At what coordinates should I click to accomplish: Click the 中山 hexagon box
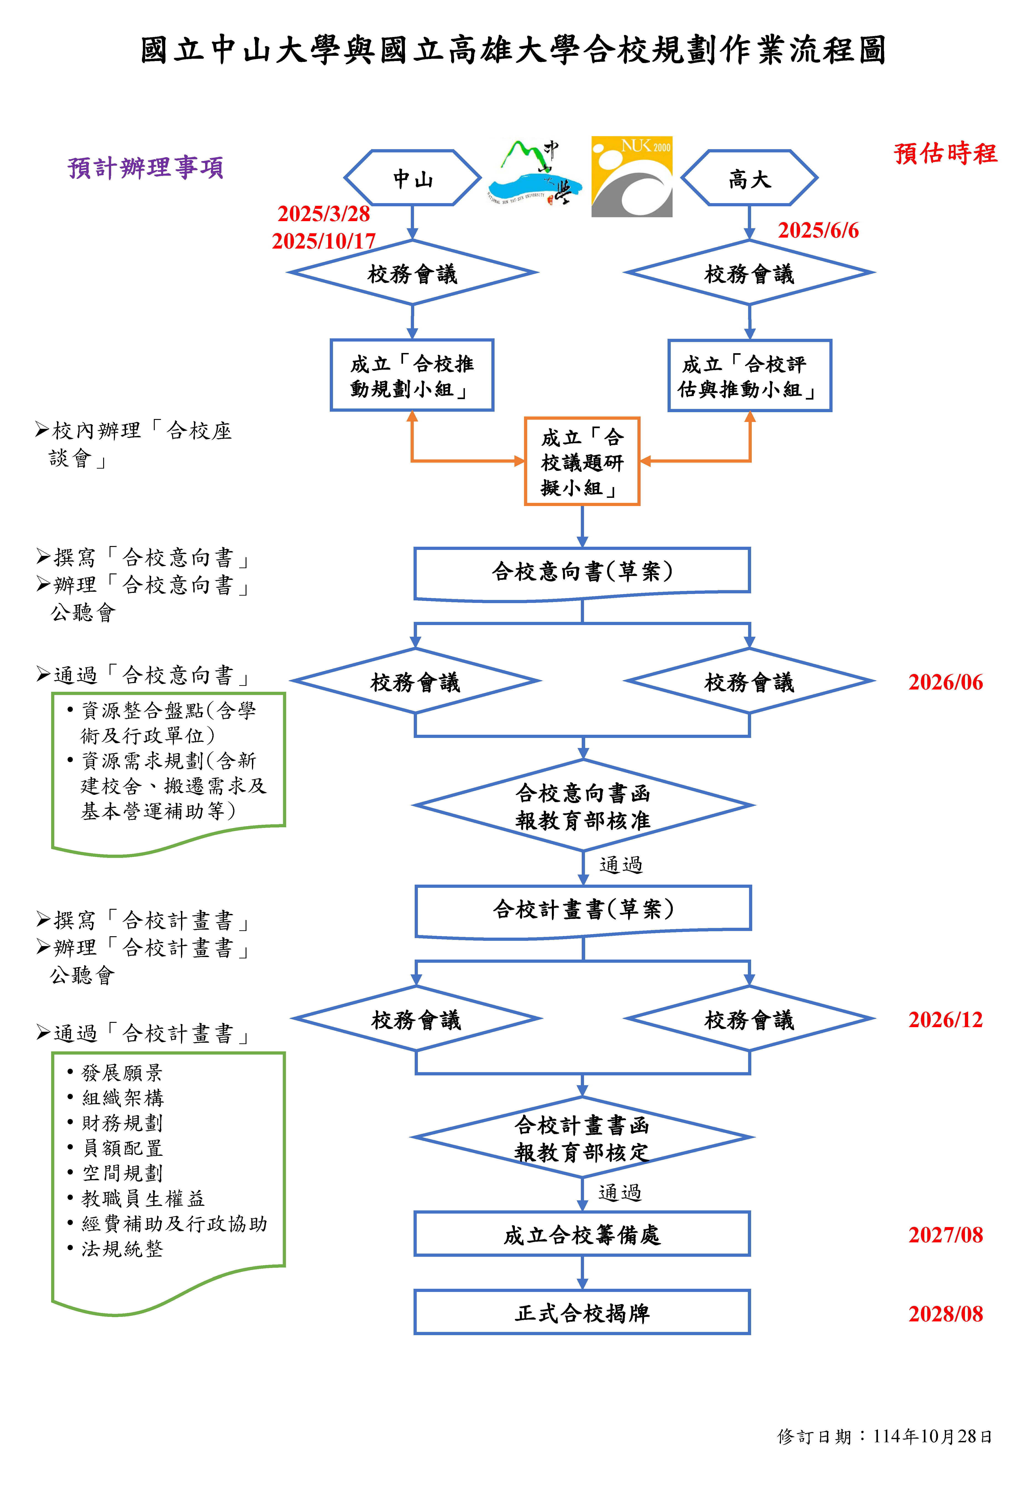point(412,178)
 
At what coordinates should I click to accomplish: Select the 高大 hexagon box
point(749,178)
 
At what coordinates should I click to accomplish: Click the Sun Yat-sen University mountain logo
point(534,174)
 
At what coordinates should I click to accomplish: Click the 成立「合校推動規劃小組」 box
point(412,375)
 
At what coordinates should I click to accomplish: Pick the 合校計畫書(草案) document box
point(583,909)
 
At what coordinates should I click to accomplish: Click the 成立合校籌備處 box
point(582,1235)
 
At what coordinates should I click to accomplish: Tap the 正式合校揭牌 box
point(582,1313)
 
